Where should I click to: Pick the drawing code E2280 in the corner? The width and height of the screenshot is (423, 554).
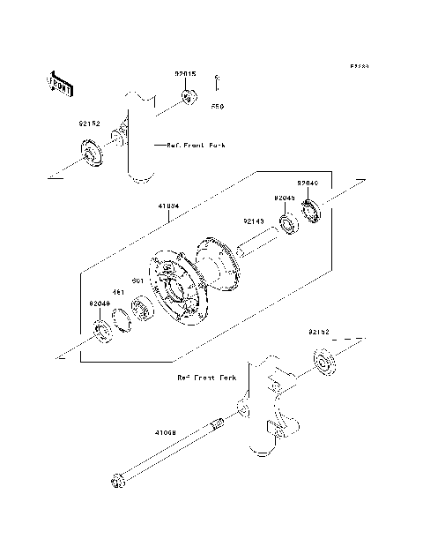click(356, 65)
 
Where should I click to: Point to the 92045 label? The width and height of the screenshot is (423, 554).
click(284, 198)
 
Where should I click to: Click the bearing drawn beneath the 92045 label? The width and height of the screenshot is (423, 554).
click(288, 223)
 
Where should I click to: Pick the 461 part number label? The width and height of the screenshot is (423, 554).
click(116, 292)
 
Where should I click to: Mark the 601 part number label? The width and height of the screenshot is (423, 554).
click(137, 281)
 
